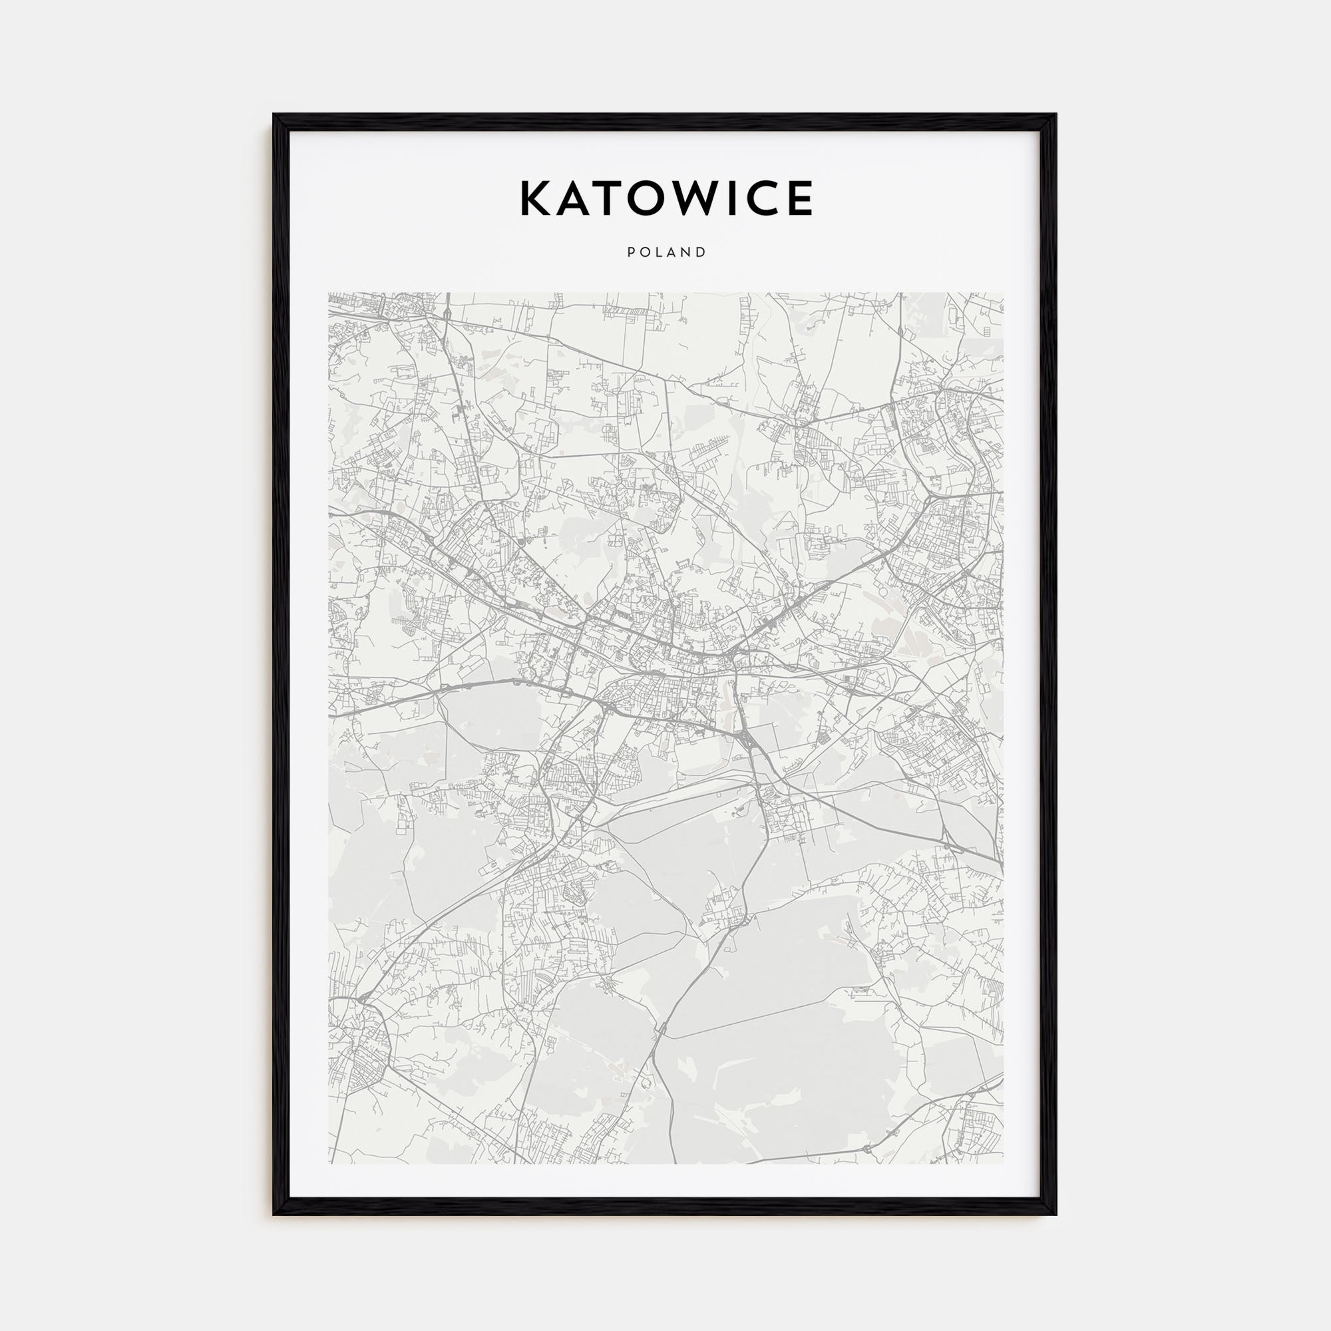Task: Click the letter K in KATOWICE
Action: click(536, 198)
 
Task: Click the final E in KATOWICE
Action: click(800, 198)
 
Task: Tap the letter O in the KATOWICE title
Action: click(651, 198)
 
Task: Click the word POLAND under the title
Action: click(666, 253)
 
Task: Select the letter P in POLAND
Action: click(630, 253)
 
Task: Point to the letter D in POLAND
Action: click(702, 253)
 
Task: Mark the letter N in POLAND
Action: click(687, 253)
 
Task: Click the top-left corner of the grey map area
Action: click(329, 293)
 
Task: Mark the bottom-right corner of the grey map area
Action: click(1002, 1163)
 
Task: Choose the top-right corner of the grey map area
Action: click(1002, 293)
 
